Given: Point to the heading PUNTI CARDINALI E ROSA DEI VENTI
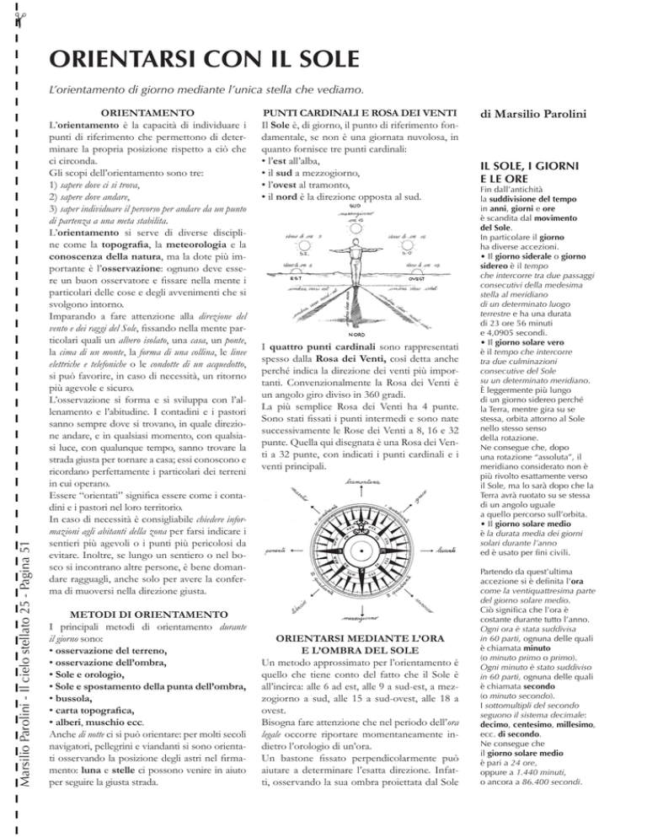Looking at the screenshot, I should [x=357, y=112].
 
